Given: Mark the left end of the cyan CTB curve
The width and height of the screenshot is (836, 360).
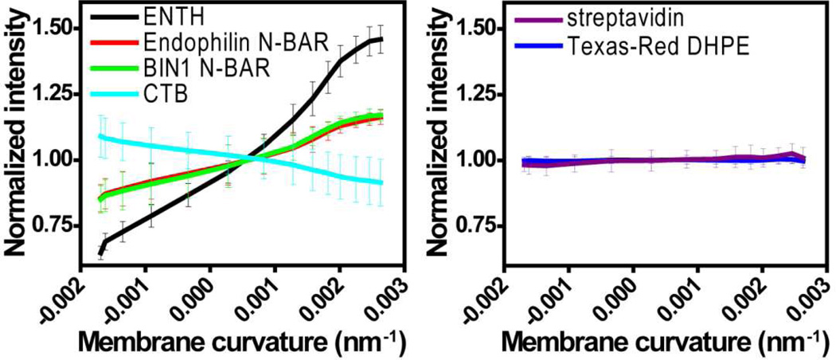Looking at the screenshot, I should click(x=100, y=136).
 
